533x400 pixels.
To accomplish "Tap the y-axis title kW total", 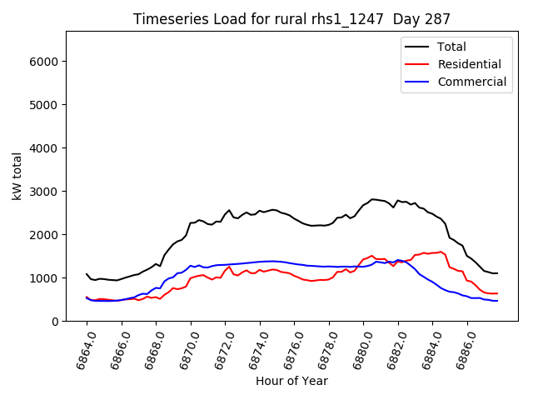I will point(17,176).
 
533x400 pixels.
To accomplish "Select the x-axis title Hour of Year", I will point(291,381).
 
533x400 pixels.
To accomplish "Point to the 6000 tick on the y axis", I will point(46,62).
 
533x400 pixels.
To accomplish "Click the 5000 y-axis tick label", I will point(46,105).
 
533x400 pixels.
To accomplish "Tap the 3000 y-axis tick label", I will point(46,192).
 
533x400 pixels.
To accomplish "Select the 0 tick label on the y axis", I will point(56,322).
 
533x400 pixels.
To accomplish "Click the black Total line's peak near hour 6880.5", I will point(372,199).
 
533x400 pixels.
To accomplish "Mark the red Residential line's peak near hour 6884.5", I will point(441,252).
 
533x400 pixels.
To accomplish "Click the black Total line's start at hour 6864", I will point(87,273).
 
